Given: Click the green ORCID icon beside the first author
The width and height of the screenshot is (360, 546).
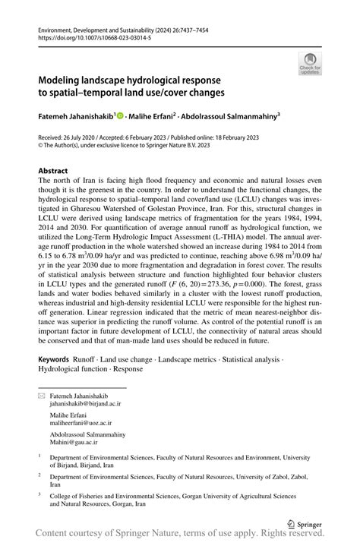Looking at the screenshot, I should click(121, 116).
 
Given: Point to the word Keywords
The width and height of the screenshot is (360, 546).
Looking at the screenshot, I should click(58, 357).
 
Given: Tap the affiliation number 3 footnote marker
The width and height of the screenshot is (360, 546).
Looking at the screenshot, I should click(39, 494).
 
